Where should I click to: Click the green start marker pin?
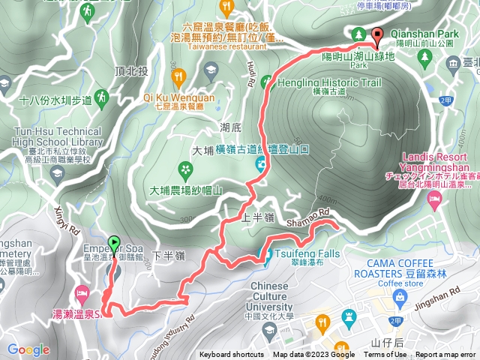(114, 244)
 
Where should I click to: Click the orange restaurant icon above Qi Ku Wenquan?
(178, 76)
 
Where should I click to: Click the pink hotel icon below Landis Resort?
(433, 198)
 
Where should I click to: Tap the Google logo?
(28, 349)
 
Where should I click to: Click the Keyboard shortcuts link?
(232, 355)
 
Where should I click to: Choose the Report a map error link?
(447, 355)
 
